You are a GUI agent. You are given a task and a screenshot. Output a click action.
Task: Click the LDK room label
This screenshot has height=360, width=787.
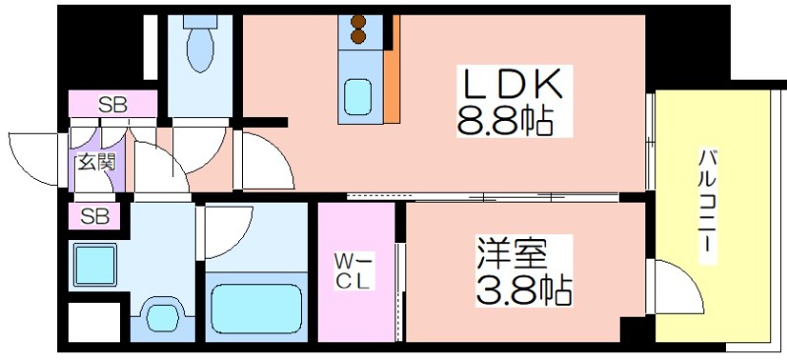tap(513, 84)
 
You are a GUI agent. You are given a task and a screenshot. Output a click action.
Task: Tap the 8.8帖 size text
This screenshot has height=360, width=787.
tap(505, 121)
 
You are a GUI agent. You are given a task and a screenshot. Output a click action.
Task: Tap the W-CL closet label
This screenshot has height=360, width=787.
tap(353, 271)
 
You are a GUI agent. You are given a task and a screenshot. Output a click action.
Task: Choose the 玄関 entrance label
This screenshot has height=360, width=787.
tap(95, 162)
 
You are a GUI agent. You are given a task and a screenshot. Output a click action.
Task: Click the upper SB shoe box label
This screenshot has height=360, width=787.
tap(112, 105)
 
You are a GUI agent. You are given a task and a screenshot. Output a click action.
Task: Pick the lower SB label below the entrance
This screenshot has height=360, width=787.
tap(94, 216)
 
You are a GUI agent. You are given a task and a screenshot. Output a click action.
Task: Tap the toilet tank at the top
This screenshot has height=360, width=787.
tap(201, 21)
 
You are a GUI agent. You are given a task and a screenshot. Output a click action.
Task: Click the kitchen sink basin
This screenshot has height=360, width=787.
tap(358, 97)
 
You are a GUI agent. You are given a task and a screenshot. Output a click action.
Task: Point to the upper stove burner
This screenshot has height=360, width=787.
tap(358, 22)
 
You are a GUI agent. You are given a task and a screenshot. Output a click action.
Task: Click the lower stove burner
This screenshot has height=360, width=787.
tap(358, 35)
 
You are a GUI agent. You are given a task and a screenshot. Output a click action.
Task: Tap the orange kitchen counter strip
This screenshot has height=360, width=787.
tap(392, 69)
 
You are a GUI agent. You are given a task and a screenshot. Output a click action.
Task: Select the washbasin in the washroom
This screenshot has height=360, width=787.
tap(162, 318)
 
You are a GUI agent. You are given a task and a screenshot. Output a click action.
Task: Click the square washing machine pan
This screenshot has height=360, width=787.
tap(94, 266)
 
